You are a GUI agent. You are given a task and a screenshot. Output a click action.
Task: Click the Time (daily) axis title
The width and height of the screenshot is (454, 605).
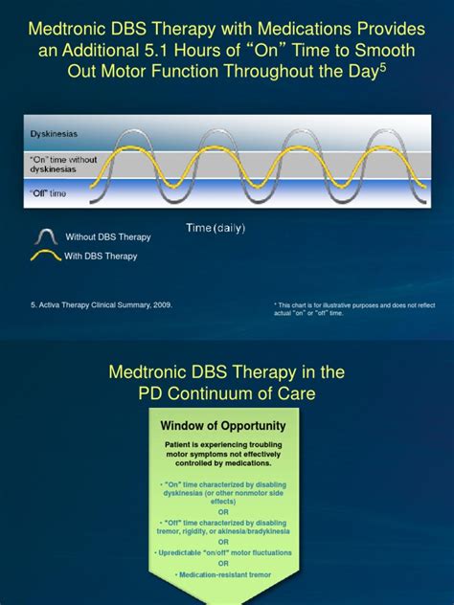(216, 227)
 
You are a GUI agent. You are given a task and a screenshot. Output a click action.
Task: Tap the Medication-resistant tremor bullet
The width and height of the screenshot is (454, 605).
(227, 574)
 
